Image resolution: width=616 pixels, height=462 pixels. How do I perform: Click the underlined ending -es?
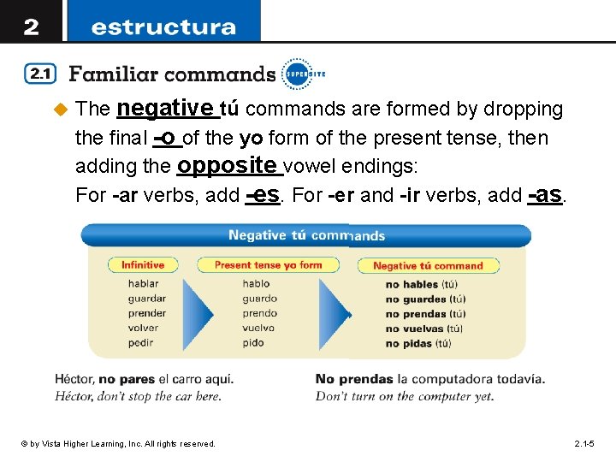pos(263,194)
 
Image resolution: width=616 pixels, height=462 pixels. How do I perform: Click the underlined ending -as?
pos(545,194)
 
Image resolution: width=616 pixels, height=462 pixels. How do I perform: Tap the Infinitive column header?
pos(143,265)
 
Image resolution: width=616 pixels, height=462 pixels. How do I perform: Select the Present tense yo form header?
pos(268,265)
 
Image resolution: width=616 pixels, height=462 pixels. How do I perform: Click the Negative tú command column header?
pos(428,266)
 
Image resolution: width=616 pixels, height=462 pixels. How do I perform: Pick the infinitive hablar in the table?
pos(143,284)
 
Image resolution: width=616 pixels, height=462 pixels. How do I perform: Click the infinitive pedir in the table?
pos(141,342)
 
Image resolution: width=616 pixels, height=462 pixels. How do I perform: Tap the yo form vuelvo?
pos(259,328)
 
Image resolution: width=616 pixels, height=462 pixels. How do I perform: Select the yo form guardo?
pos(259,299)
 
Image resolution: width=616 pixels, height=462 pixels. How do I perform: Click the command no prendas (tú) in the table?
pos(425,314)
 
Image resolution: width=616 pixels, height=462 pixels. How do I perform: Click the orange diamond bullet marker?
pos(60,110)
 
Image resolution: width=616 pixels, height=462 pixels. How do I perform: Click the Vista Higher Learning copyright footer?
pos(119,443)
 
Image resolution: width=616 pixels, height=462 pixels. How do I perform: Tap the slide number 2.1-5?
pos(589,443)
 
